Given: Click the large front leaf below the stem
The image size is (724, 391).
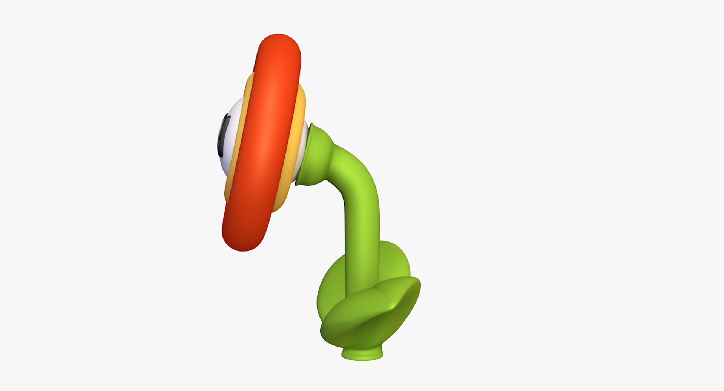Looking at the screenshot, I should [x=362, y=320].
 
